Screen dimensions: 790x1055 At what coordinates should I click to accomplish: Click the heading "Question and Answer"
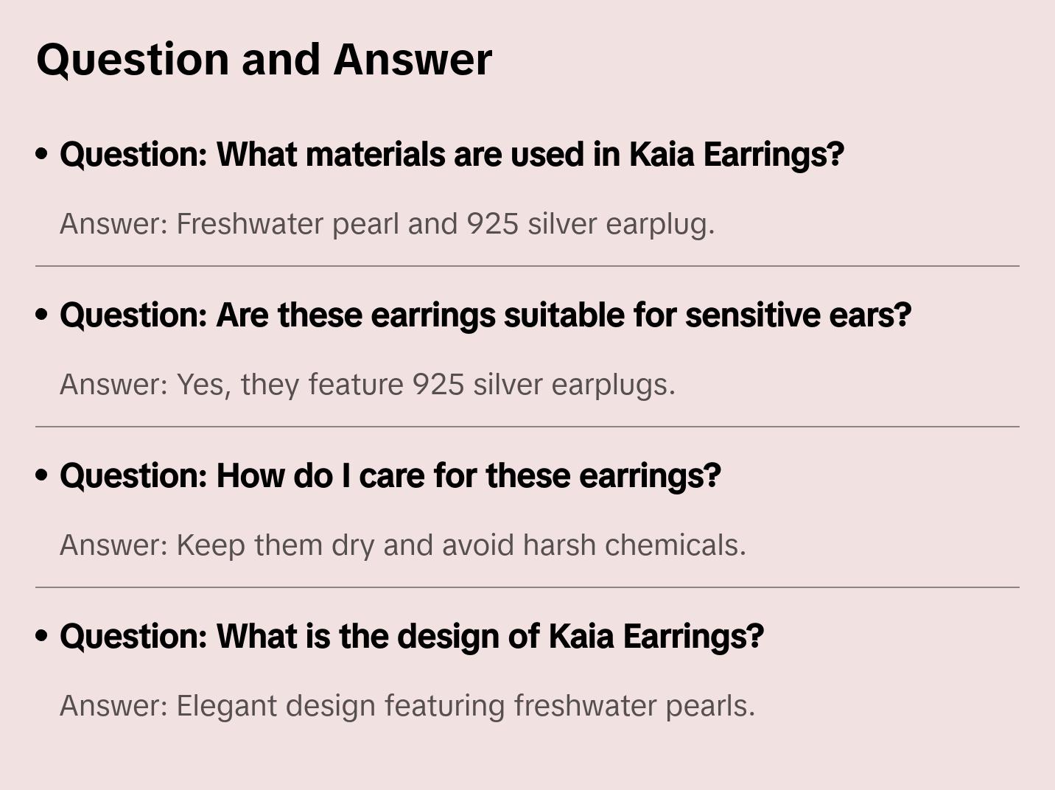pyautogui.click(x=264, y=60)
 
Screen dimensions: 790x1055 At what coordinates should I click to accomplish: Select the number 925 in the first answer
pyautogui.click(x=493, y=224)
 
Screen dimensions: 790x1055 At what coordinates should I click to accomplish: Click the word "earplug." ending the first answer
pyautogui.click(x=660, y=225)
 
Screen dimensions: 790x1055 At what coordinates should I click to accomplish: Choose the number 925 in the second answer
pyautogui.click(x=438, y=385)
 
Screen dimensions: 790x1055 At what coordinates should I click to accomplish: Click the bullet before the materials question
pyautogui.click(x=42, y=155)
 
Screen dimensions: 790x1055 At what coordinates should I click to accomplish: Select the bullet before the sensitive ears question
pyautogui.click(x=42, y=315)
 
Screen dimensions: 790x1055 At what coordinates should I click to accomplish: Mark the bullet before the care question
pyautogui.click(x=42, y=476)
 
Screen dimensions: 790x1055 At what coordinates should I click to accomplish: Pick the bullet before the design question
pyautogui.click(x=42, y=637)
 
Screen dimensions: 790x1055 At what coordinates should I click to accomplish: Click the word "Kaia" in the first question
pyautogui.click(x=661, y=155)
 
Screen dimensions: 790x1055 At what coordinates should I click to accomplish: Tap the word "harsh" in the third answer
pyautogui.click(x=559, y=545)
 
